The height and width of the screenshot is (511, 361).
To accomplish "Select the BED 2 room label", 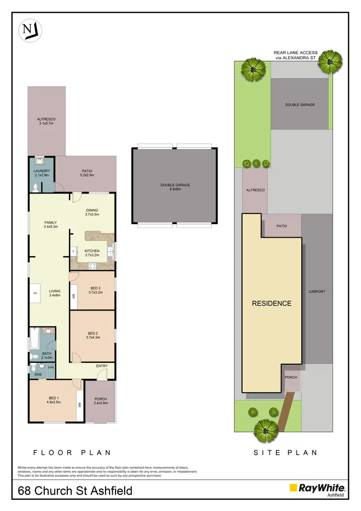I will [94, 334].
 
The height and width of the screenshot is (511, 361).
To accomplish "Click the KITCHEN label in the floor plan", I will [92, 251].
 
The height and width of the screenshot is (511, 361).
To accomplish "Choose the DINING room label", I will [91, 210].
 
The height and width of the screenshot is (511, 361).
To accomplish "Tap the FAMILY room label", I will [51, 223].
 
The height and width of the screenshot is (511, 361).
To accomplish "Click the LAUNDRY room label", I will [42, 171].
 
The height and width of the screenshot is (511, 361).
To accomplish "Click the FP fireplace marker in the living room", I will [35, 293].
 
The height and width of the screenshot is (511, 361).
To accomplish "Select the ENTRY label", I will [102, 366].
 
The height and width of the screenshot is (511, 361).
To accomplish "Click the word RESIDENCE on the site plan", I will [272, 303].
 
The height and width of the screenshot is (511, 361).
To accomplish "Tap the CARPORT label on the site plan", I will [317, 292].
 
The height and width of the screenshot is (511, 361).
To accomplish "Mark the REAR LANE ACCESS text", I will [295, 54].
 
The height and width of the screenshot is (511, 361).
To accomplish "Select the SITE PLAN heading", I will [286, 453].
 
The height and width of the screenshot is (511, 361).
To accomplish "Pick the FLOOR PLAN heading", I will [72, 453].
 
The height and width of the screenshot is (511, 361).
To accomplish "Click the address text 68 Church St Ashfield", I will [75, 492].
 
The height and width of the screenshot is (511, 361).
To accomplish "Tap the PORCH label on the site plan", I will [292, 377].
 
